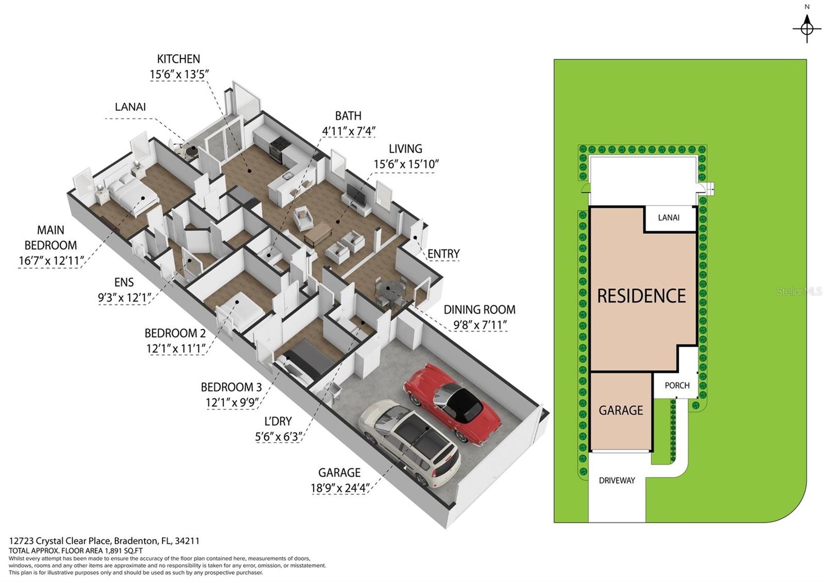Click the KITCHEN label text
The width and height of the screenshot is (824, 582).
178,59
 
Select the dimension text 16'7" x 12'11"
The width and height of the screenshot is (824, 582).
49,261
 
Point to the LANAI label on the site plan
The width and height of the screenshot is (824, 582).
668,218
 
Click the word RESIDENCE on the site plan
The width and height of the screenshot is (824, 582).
641,296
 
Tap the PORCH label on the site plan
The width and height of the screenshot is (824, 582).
677,385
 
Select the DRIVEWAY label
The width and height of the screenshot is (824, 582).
616,481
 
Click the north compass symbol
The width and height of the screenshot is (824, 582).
806,26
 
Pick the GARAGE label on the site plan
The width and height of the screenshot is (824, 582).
621,410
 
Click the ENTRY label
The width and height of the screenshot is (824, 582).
443,254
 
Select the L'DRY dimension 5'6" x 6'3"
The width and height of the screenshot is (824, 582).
278,437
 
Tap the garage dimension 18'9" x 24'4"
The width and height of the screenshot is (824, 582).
339,488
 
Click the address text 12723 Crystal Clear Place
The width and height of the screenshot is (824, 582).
60,541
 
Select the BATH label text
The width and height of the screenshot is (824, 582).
348,116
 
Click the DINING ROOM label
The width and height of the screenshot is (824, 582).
479,310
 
